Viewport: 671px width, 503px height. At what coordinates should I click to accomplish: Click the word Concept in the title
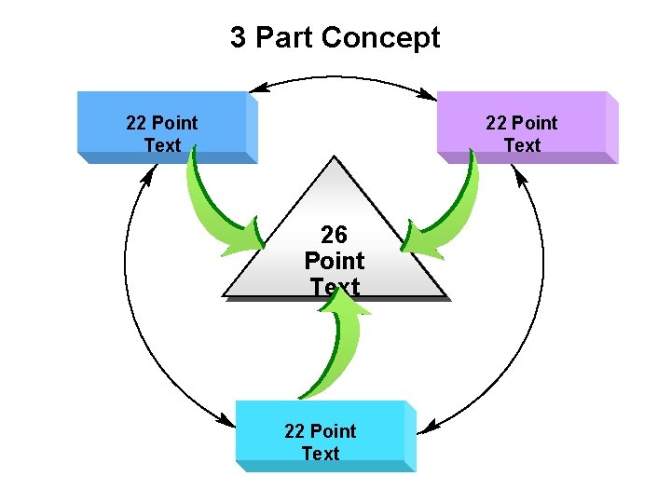[x=379, y=38]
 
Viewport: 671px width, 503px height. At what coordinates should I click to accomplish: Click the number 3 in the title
[x=240, y=38]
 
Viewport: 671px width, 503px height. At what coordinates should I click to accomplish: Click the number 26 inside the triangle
[x=334, y=235]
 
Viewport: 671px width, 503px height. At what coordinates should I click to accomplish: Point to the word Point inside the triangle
[x=335, y=261]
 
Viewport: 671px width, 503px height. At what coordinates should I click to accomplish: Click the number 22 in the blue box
[x=136, y=123]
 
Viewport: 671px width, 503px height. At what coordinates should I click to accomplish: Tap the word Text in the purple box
[x=522, y=145]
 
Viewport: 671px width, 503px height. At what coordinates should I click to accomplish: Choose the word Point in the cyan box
[x=334, y=431]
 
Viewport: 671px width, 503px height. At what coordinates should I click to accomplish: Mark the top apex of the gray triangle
[x=335, y=159]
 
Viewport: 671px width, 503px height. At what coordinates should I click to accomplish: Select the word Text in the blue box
[x=162, y=145]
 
